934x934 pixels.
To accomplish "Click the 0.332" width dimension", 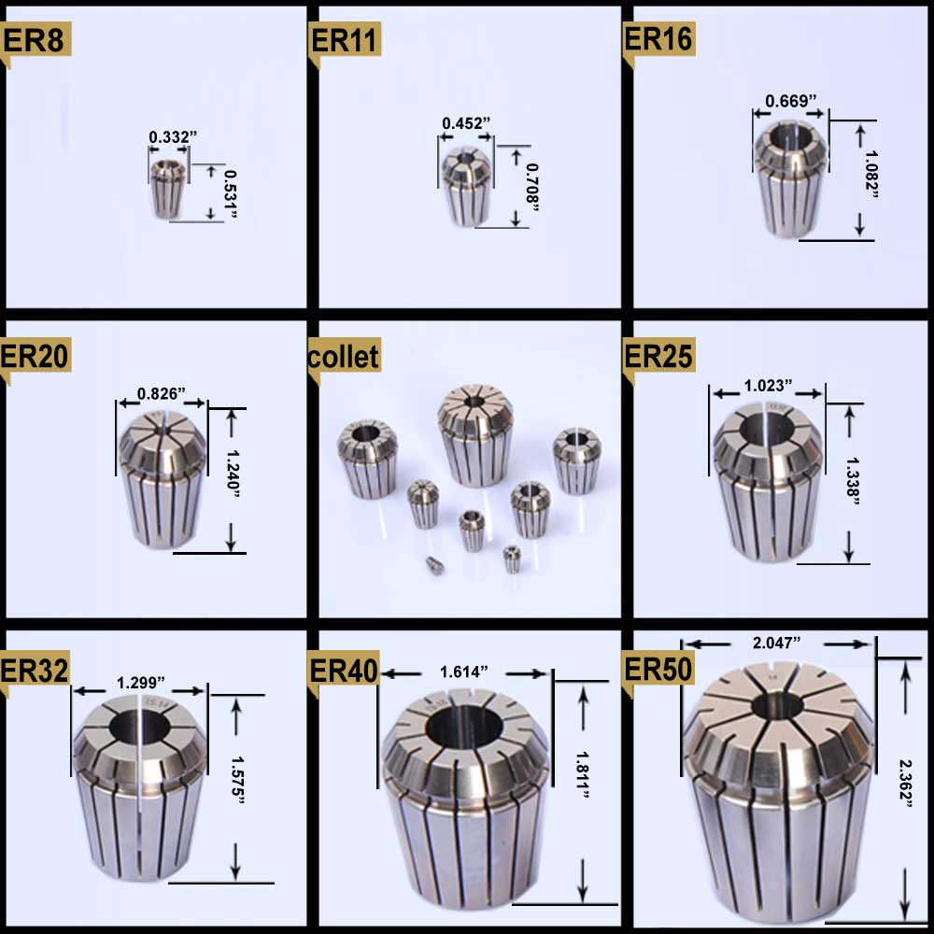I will pos(173,137).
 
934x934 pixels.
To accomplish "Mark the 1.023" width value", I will pos(768,384).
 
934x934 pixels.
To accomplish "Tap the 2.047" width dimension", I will pos(777,643).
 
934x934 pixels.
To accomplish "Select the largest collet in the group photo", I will pos(476,434).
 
